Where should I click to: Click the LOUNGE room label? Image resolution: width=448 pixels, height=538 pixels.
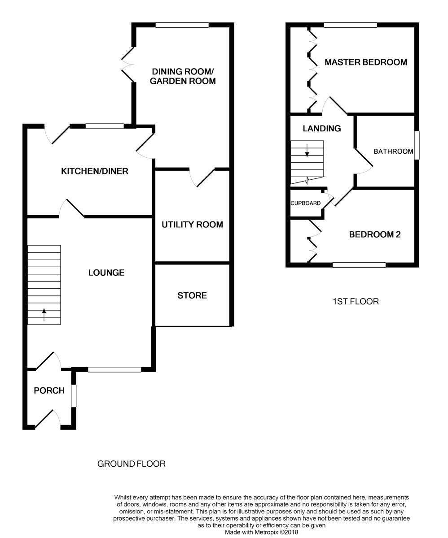[x=106, y=273]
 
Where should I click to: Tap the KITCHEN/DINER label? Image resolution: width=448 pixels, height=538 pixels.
[x=95, y=171]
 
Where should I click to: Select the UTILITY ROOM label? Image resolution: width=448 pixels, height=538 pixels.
[x=192, y=225]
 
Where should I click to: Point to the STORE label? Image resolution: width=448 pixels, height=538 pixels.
[x=192, y=295]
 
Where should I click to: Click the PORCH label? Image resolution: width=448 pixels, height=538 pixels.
[x=49, y=390]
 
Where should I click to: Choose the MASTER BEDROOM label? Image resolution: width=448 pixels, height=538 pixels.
[x=366, y=62]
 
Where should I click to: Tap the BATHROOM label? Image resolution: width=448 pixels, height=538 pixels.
[x=393, y=152]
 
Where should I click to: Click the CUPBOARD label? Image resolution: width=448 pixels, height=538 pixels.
[x=306, y=203]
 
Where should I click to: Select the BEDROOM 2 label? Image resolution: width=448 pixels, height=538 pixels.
[x=375, y=234]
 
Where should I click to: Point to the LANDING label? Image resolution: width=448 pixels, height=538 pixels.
[x=321, y=129]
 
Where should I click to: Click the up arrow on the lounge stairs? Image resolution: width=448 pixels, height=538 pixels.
[x=44, y=314]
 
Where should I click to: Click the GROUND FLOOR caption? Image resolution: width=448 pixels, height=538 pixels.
[x=132, y=464]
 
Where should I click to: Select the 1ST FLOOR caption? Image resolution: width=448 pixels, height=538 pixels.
[x=356, y=301]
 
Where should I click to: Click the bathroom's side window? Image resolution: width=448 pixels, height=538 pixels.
[x=417, y=145]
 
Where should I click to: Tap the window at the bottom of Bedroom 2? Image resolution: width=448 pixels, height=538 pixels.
[x=359, y=265]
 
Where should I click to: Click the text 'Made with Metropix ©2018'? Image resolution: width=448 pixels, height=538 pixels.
[x=261, y=532]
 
